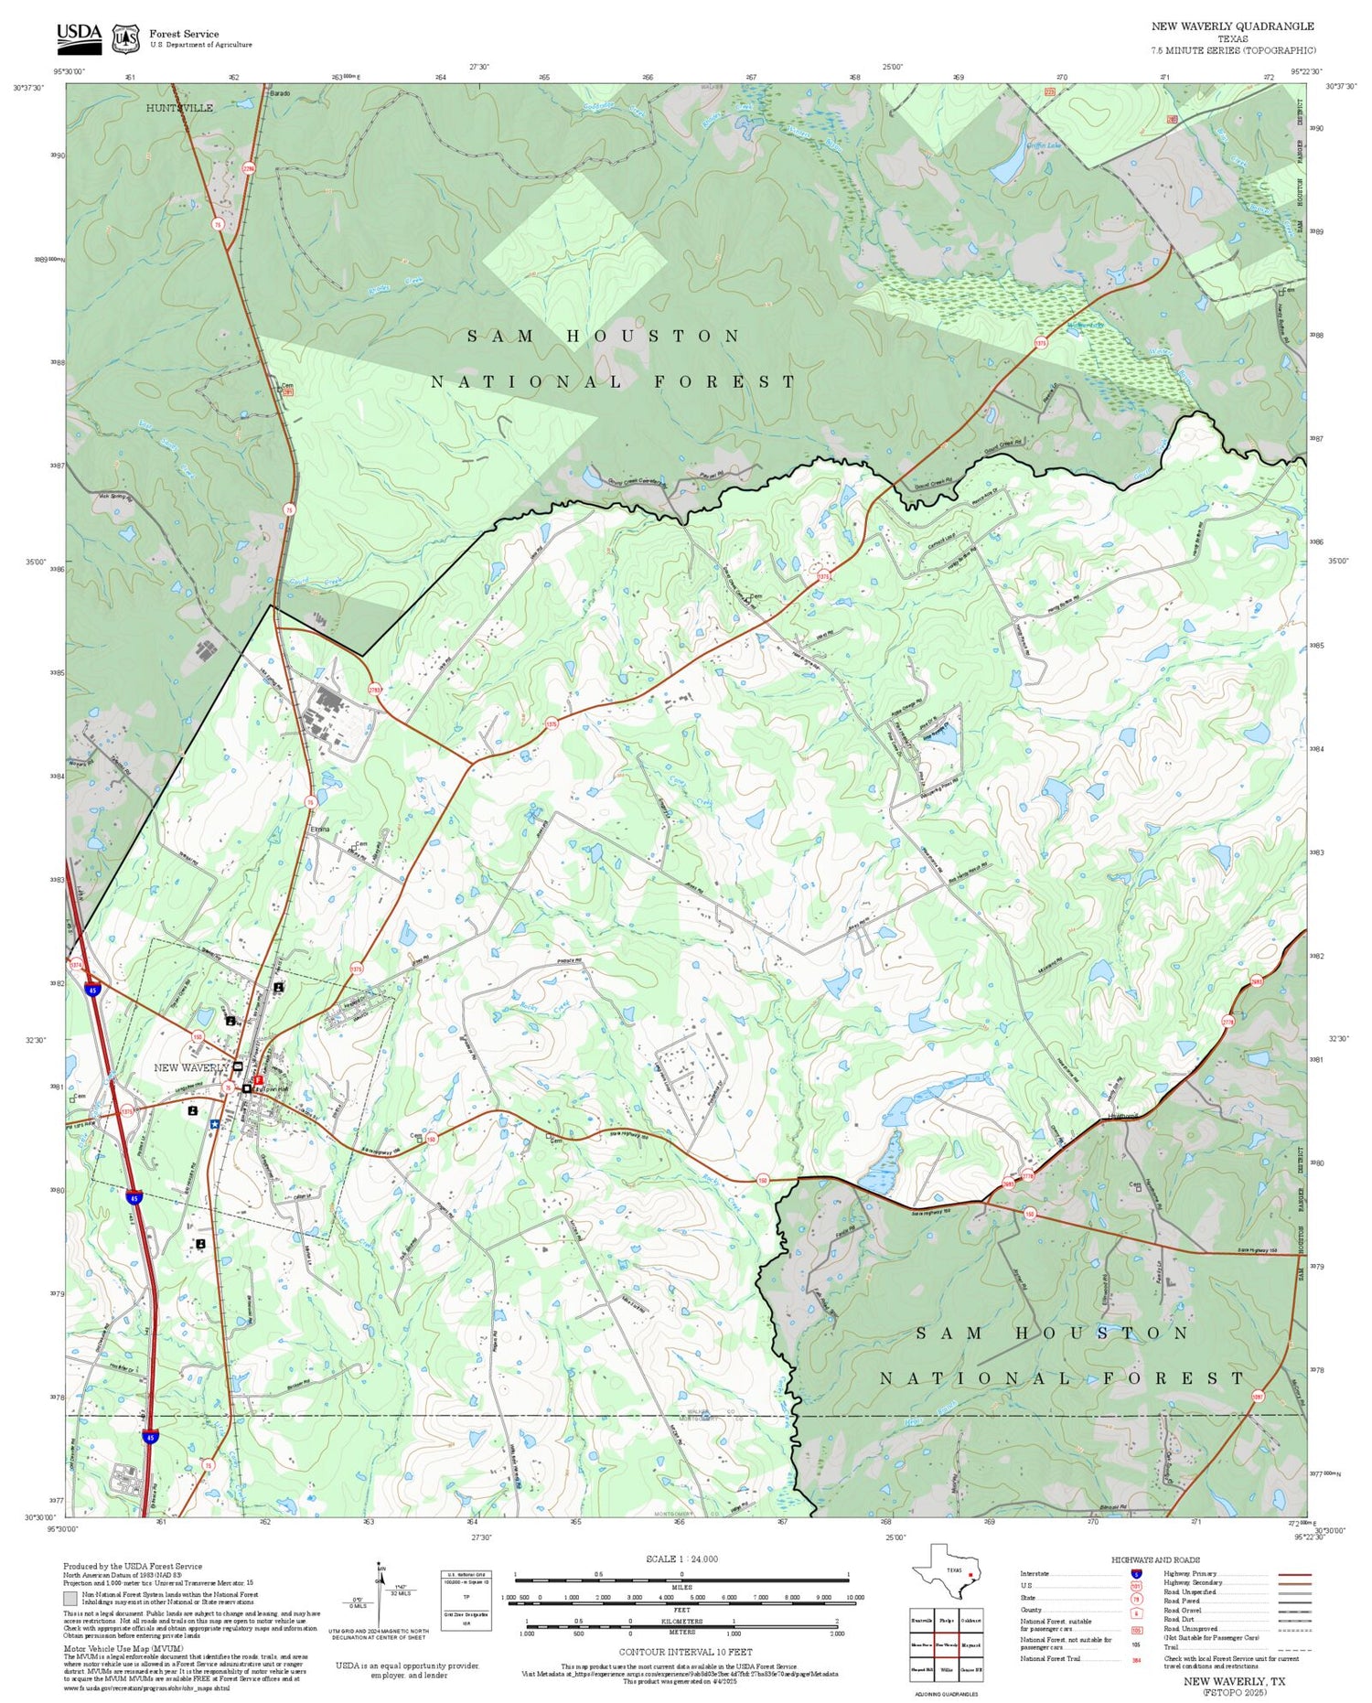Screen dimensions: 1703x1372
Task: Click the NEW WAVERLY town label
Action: (191, 1067)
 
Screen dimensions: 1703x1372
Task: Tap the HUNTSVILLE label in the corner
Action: (179, 108)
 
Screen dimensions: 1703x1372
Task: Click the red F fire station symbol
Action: (259, 1080)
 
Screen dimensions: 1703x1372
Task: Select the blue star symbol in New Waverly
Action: (214, 1123)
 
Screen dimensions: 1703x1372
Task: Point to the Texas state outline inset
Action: (945, 1573)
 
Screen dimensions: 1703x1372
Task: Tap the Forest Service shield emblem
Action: (125, 38)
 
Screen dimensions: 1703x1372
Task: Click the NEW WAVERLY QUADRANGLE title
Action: (1232, 27)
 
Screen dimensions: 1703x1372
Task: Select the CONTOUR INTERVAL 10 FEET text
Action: (685, 1652)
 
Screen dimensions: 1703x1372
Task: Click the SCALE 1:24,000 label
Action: (681, 1559)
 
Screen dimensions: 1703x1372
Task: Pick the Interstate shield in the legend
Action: (1136, 1573)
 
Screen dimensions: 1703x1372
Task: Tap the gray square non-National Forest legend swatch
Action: (70, 1599)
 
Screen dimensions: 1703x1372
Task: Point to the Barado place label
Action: (279, 93)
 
